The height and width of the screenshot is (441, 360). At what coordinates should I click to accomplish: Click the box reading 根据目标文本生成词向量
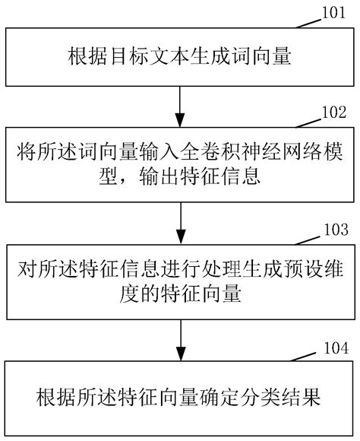pos(180,57)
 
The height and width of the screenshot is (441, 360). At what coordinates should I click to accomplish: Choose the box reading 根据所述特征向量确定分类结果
pos(180,397)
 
